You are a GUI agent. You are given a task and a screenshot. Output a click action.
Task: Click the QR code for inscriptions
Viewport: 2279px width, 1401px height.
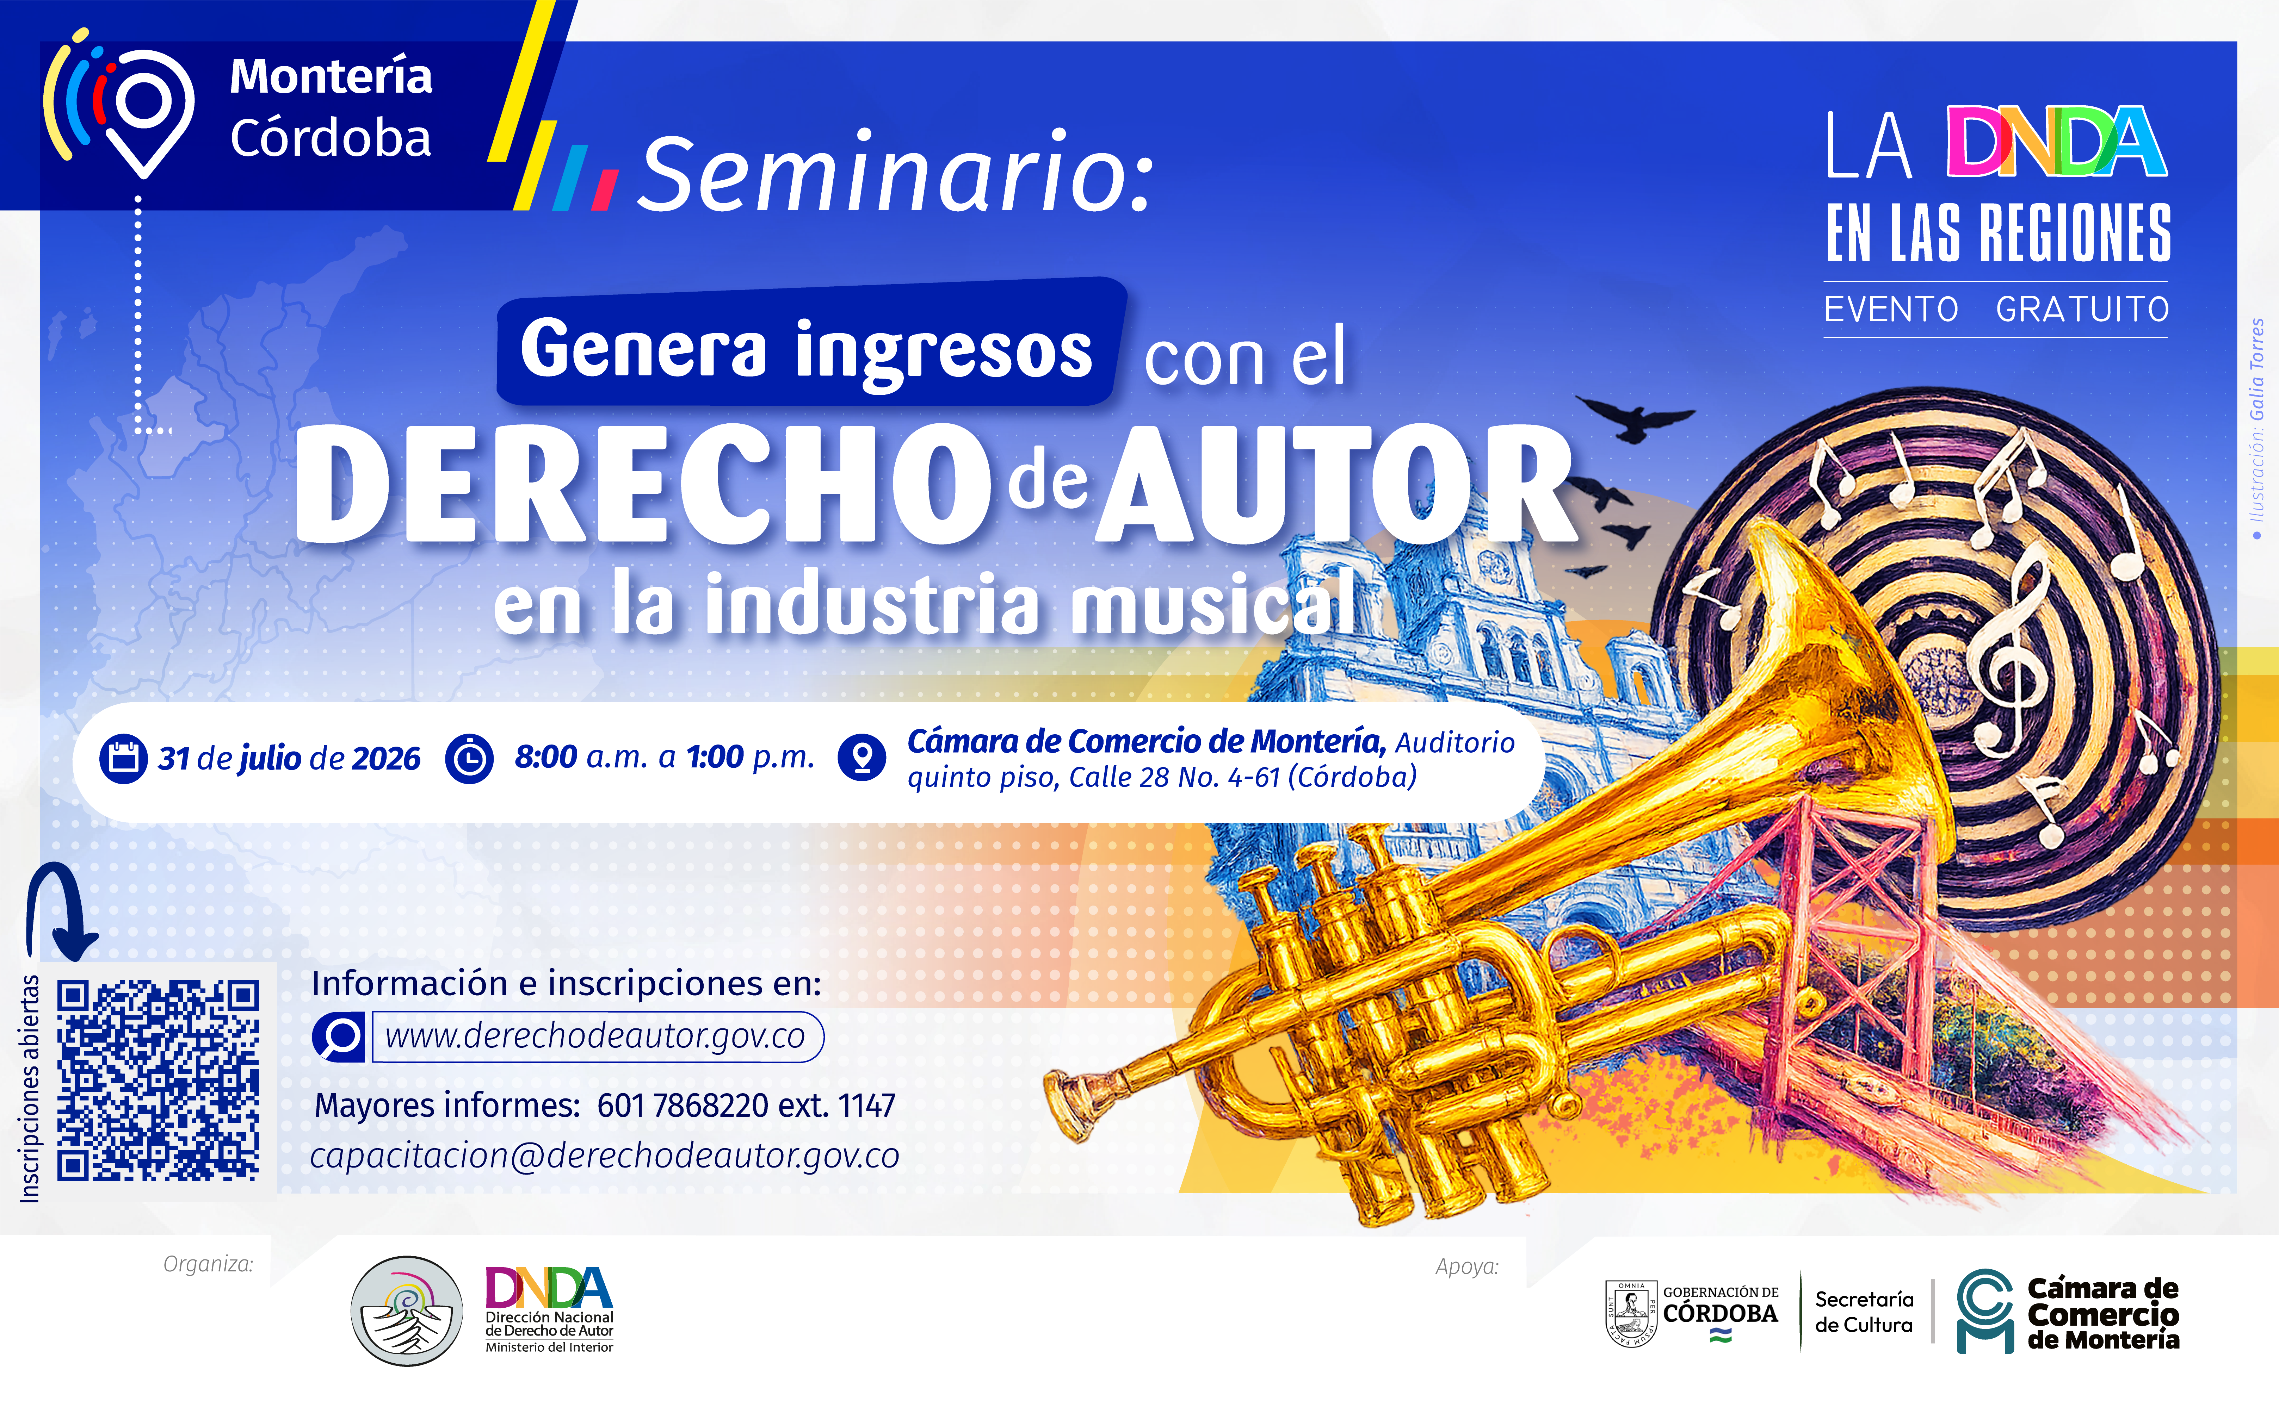[x=158, y=1081]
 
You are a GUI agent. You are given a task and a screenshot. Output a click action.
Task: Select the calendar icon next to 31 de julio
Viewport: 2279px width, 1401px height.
[x=123, y=758]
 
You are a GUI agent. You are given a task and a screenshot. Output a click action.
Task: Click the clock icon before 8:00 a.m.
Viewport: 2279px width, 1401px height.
[x=469, y=758]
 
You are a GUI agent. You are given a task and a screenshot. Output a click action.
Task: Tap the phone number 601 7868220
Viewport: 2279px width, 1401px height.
[x=683, y=1106]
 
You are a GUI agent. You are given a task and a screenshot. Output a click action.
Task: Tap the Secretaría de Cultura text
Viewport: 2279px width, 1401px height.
[x=1864, y=1312]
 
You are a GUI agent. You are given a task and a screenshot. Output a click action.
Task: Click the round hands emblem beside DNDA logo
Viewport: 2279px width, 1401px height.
[x=407, y=1310]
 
